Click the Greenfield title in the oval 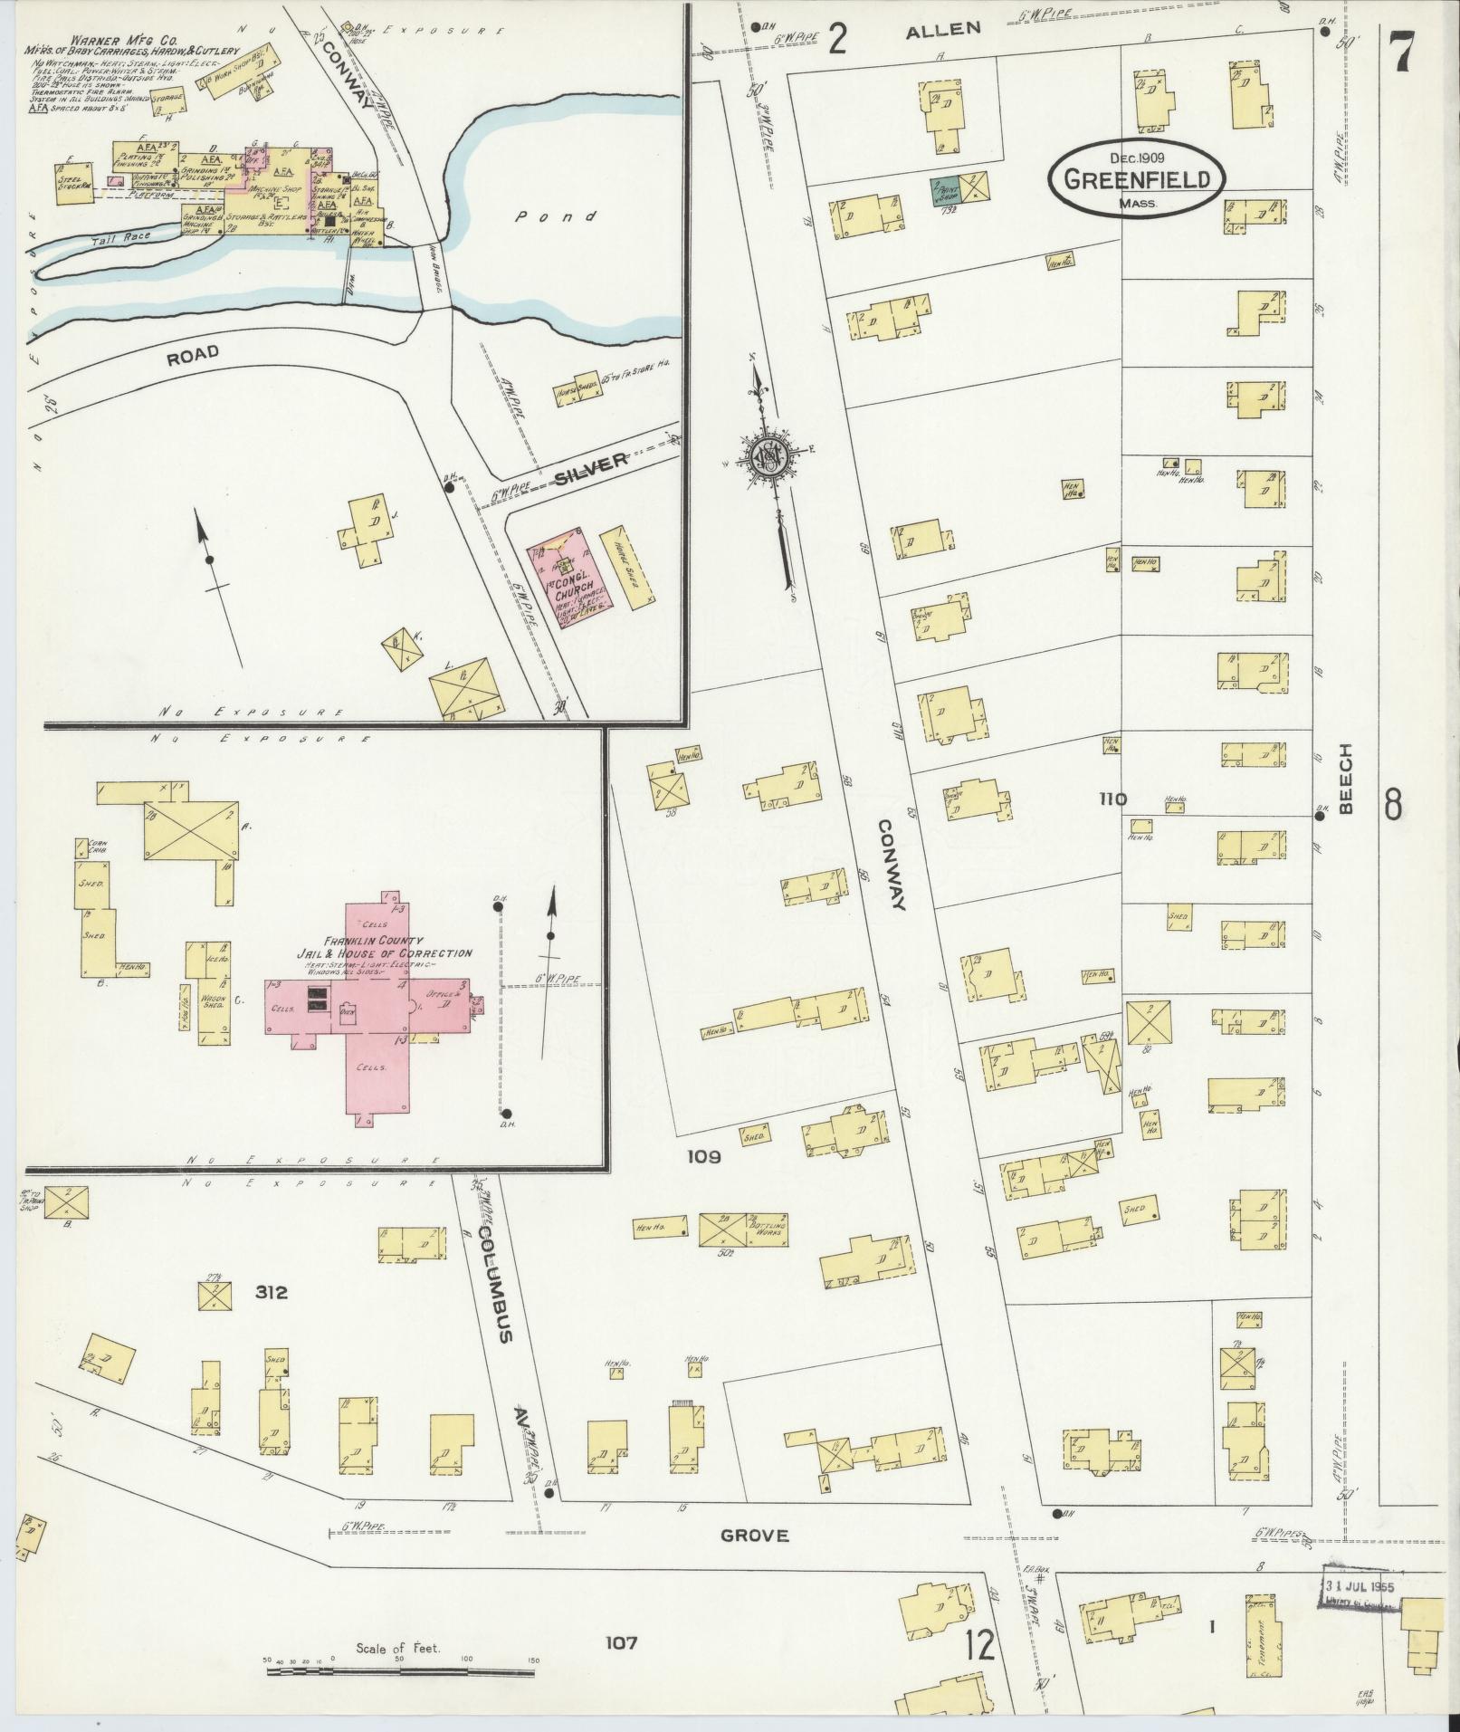tap(1137, 179)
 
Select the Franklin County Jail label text tap(385, 948)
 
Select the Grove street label tap(754, 1536)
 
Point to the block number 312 tap(271, 1293)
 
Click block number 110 tap(1112, 799)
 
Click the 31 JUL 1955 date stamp tap(1360, 1587)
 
